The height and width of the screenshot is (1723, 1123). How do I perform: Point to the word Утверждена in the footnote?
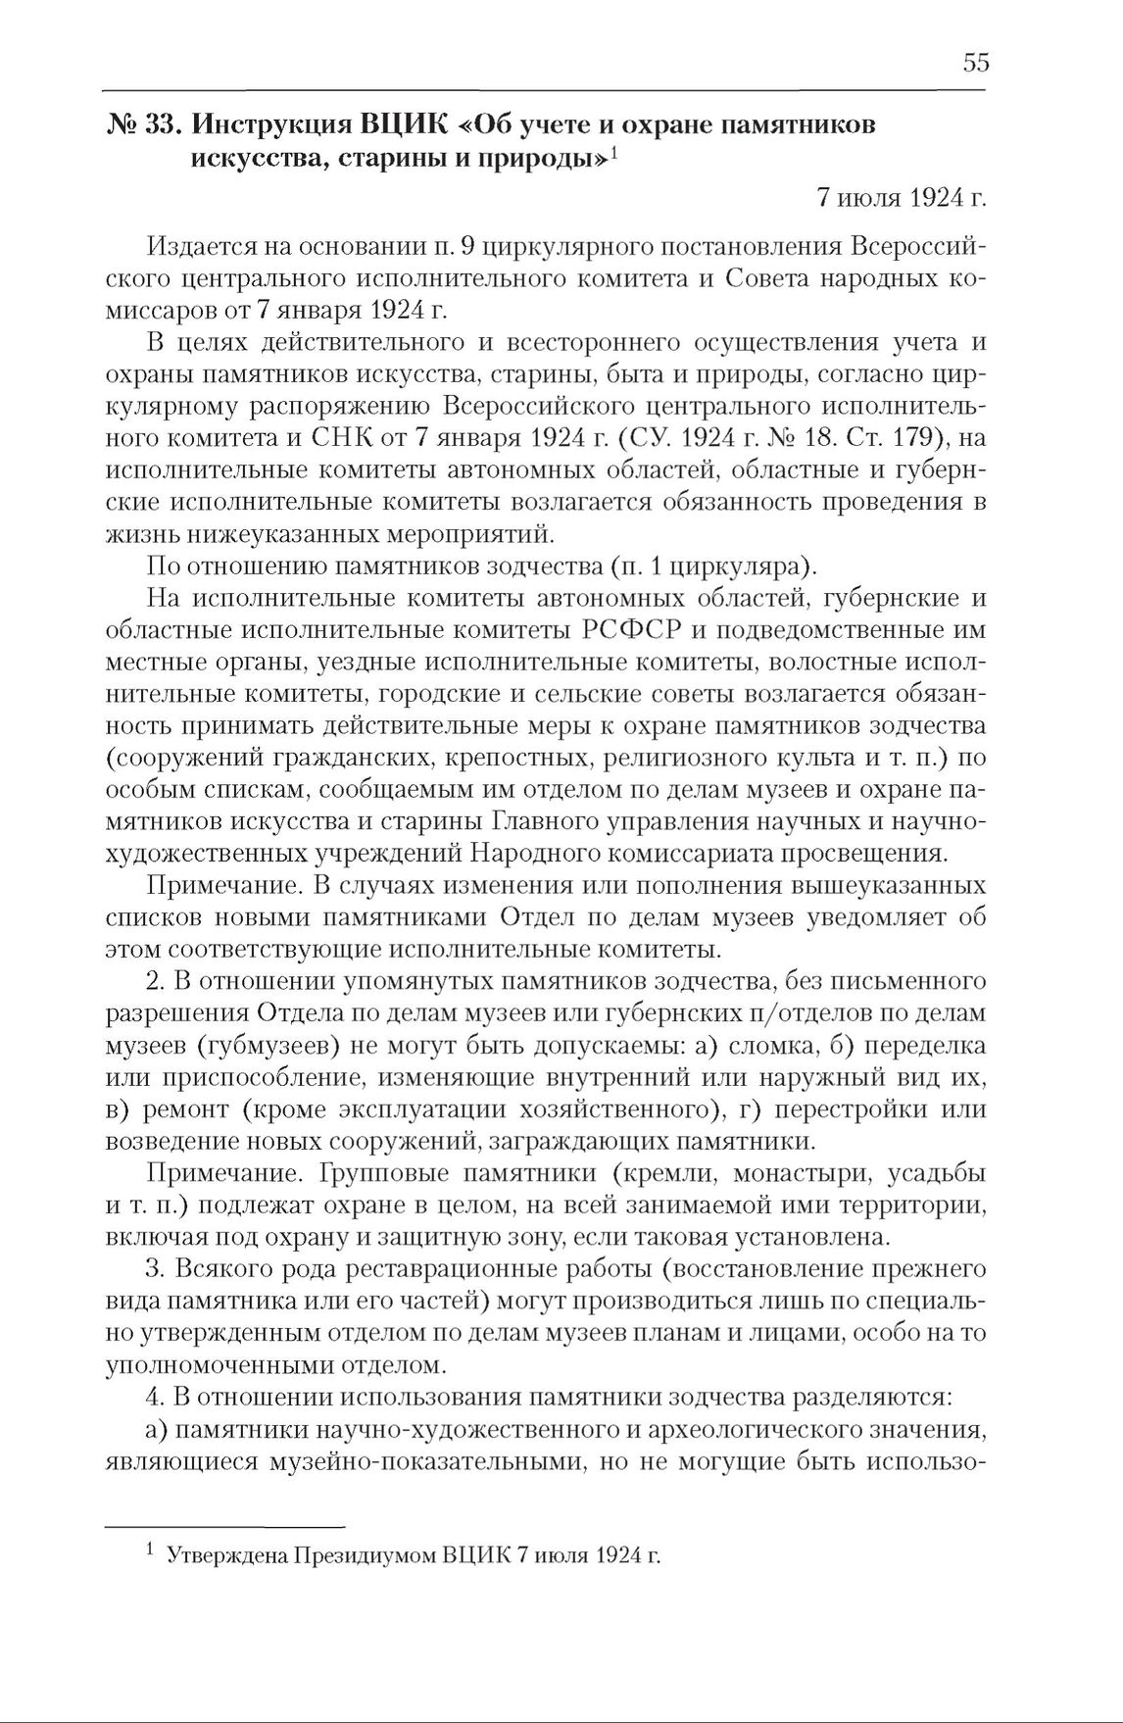pos(222,1555)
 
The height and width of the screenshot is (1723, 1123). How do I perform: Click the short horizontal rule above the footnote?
pos(225,1526)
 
